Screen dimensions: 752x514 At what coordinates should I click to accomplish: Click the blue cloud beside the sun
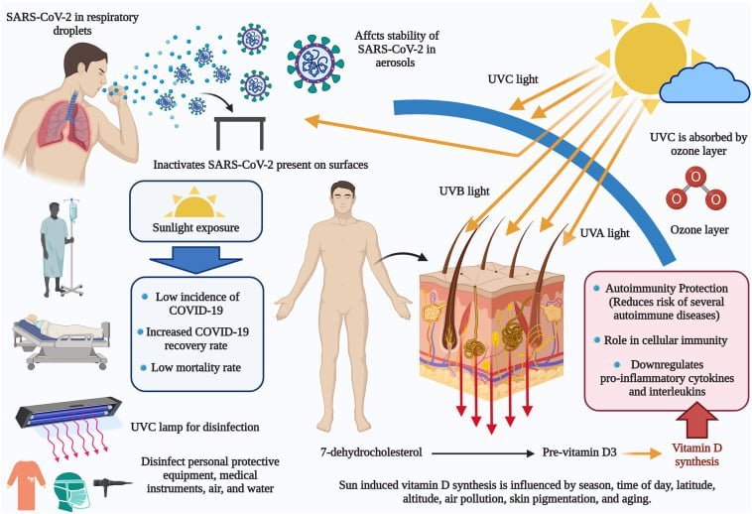[704, 85]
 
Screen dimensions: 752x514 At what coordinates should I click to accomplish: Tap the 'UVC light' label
[513, 79]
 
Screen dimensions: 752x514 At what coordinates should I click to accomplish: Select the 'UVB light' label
[464, 192]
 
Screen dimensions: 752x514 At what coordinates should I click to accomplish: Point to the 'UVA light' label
[604, 233]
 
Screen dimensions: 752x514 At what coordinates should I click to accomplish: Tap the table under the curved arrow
[239, 133]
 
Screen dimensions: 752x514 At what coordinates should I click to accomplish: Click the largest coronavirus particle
[315, 63]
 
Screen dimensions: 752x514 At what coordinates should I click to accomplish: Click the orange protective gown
[27, 484]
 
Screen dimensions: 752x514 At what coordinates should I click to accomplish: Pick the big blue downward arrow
[195, 259]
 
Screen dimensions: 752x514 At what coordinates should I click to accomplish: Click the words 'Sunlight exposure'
[195, 228]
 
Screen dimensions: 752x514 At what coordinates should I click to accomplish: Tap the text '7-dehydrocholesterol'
[371, 452]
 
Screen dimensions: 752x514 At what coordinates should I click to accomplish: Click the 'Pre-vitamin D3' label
[579, 452]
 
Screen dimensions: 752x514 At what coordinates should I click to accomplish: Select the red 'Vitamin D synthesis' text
[696, 454]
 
